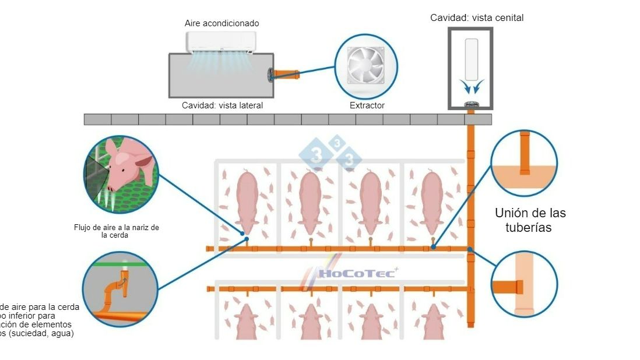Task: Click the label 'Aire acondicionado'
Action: [x=221, y=23]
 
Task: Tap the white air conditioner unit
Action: [x=221, y=42]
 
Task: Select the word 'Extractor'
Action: [x=367, y=105]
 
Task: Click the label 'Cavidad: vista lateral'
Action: [x=222, y=105]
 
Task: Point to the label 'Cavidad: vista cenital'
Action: [x=477, y=18]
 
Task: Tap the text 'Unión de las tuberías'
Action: [x=530, y=220]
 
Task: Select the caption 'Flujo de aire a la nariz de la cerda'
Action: [x=117, y=231]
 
